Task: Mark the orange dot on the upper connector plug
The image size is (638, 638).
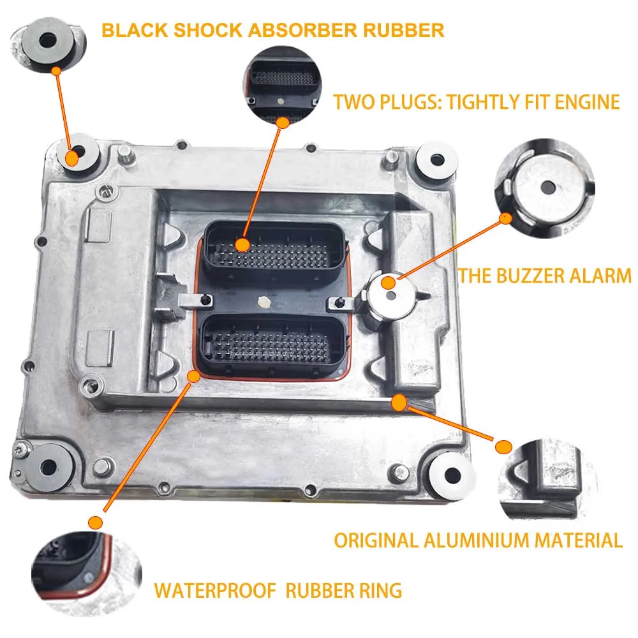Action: point(242,244)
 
